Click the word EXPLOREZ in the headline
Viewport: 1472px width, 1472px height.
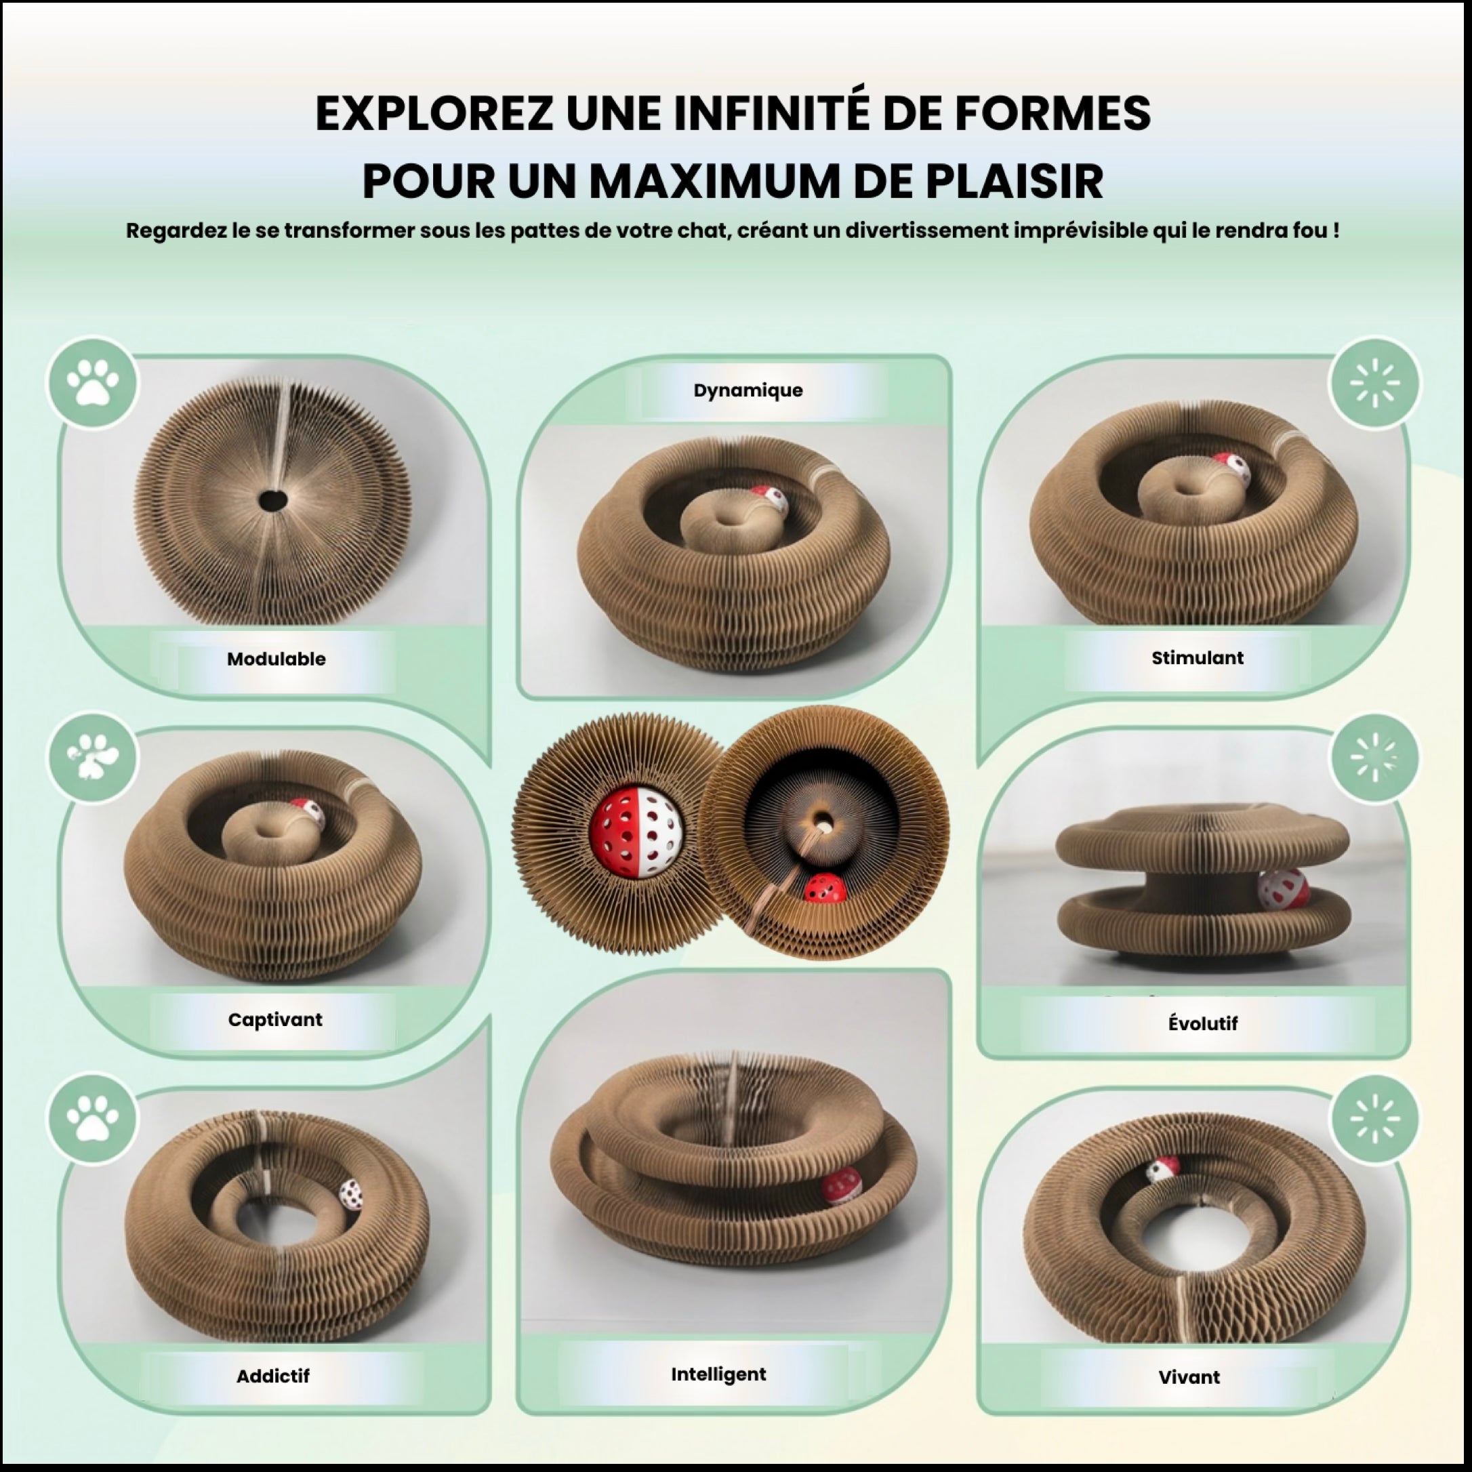pos(434,115)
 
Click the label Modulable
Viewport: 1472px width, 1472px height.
pos(276,659)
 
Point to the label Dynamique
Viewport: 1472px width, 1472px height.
pos(748,391)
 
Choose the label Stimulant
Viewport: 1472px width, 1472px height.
pos(1197,657)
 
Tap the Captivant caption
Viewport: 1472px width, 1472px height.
pos(275,1019)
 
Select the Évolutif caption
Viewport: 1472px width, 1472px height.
pos(1202,1023)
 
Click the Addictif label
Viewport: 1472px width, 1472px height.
pos(272,1376)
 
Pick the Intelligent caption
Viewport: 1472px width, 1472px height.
pos(718,1374)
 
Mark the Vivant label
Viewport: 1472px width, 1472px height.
pos(1189,1376)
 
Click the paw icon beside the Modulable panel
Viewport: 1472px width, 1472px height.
pos(93,382)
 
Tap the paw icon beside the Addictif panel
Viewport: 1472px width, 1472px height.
pos(93,1118)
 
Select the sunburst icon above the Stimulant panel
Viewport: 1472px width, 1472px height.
pos(1375,382)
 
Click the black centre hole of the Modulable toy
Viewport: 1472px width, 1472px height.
pos(272,501)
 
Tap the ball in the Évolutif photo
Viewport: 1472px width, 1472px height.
pos(1282,888)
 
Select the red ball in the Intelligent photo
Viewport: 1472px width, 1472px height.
pos(841,1185)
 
